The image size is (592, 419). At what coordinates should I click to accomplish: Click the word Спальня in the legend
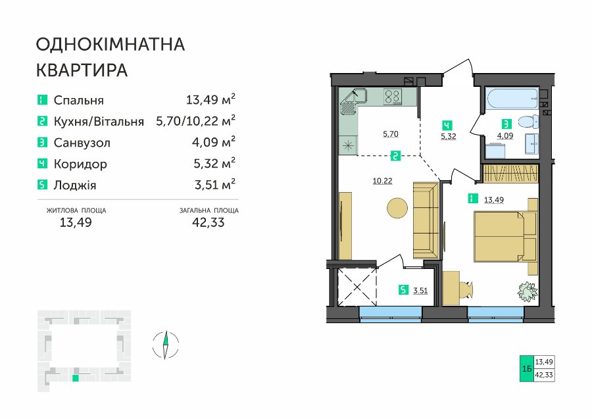[x=78, y=101]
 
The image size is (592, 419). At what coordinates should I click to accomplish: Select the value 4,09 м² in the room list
[x=214, y=141]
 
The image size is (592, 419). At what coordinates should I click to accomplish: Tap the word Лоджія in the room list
[x=75, y=185]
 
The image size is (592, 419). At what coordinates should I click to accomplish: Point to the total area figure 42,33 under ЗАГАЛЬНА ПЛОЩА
[x=209, y=222]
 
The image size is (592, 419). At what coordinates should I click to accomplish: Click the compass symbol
[x=165, y=345]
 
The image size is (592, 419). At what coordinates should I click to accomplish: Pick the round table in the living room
[x=397, y=208]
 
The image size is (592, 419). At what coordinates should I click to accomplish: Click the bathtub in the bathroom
[x=511, y=101]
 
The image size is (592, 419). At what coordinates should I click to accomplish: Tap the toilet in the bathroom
[x=529, y=122]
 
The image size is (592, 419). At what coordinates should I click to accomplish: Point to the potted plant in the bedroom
[x=527, y=292]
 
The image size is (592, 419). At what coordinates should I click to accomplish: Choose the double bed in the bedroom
[x=506, y=236]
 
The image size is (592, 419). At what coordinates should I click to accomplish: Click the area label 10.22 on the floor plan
[x=382, y=181]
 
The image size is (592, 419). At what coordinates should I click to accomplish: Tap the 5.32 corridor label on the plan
[x=448, y=137]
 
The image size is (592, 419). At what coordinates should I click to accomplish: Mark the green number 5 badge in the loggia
[x=404, y=290]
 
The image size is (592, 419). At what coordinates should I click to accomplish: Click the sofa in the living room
[x=426, y=220]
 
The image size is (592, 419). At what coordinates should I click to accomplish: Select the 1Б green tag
[x=527, y=368]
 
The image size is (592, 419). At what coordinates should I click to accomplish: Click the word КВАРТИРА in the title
[x=82, y=70]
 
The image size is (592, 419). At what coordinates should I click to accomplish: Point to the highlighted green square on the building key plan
[x=76, y=378]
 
